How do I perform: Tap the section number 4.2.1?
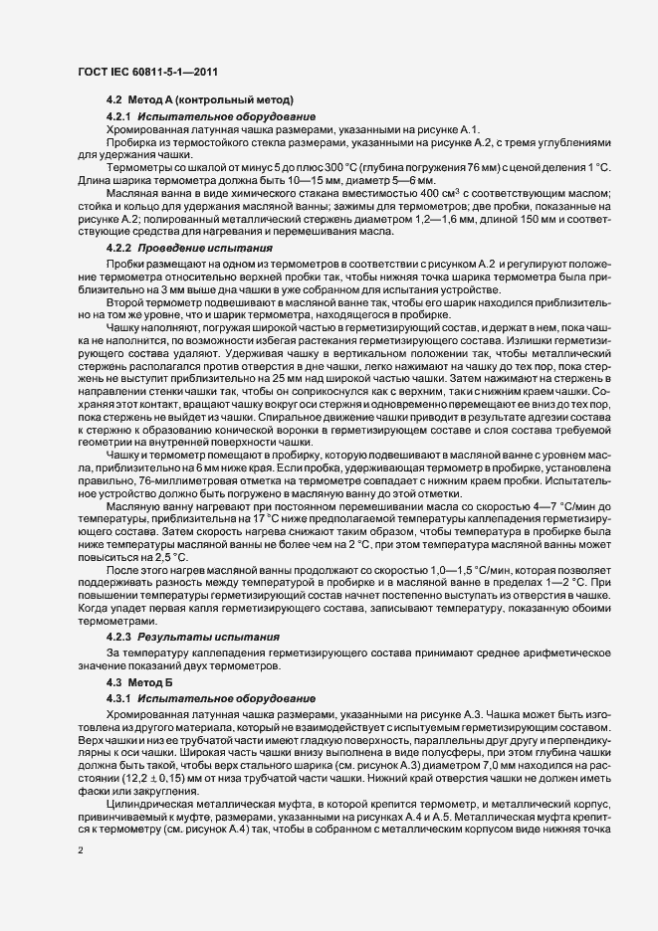click(x=120, y=116)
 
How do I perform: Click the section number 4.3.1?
click(x=120, y=698)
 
